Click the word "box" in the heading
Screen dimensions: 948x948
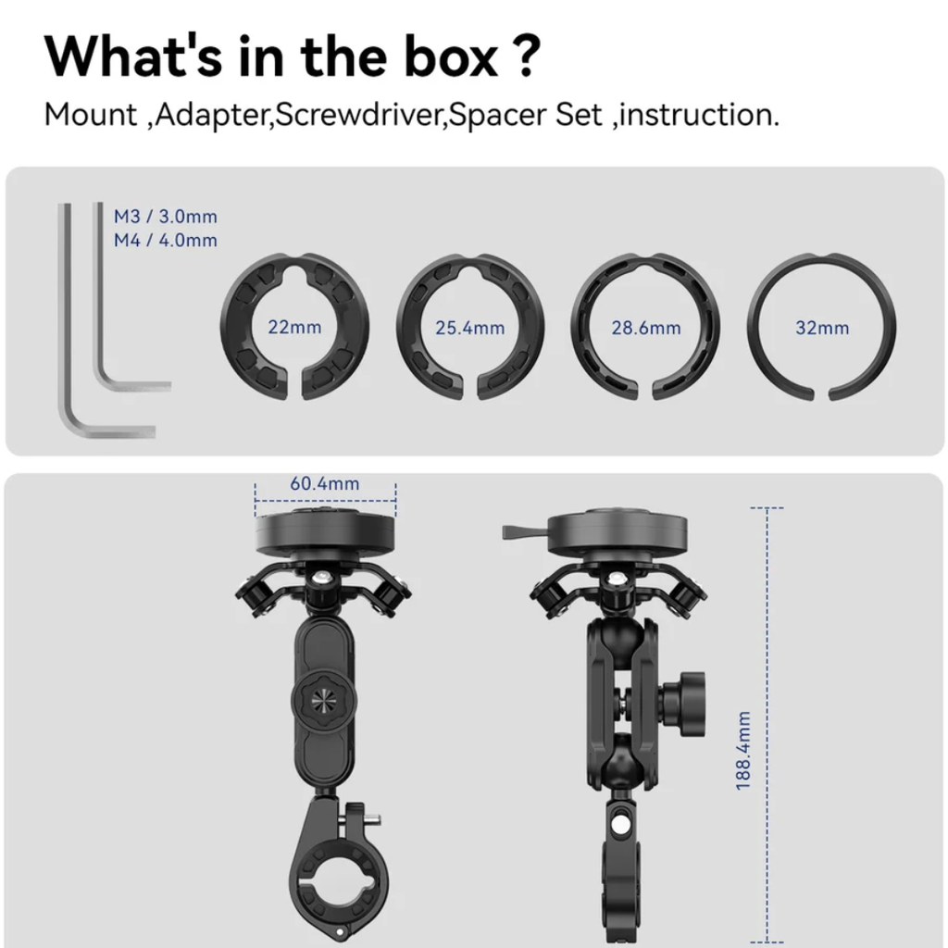point(451,56)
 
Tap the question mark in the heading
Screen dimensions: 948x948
point(530,56)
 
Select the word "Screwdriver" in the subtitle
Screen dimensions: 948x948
point(360,115)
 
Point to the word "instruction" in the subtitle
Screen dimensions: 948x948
point(695,115)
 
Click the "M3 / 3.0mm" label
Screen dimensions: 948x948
point(165,217)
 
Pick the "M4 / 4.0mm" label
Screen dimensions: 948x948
point(165,240)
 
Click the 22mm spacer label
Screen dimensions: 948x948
point(294,327)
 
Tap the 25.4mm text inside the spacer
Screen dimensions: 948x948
point(469,328)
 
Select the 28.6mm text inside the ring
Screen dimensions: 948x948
point(645,328)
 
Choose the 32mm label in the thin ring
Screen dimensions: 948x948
point(822,328)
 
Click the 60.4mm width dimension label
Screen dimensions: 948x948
point(325,483)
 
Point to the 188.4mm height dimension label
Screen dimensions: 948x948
point(743,750)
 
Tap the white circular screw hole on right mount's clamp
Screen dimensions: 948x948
point(619,825)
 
